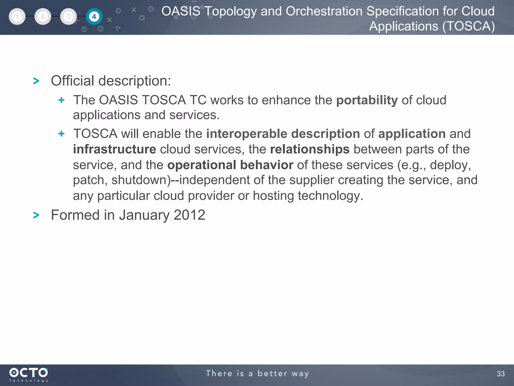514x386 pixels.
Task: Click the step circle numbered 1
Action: (x=17, y=17)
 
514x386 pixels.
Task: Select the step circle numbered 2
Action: (x=43, y=17)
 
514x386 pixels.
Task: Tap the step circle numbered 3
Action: (x=68, y=17)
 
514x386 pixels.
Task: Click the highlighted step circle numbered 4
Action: (x=94, y=17)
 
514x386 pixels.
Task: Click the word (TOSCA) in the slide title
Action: (x=468, y=26)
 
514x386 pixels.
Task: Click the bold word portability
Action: (x=367, y=100)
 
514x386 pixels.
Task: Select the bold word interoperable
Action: (x=247, y=134)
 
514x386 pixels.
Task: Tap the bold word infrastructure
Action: (x=115, y=149)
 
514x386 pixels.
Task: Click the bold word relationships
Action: (x=310, y=149)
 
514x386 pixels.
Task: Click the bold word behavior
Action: (x=267, y=165)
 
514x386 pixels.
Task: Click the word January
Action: (x=144, y=215)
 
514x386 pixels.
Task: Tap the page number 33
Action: (x=501, y=374)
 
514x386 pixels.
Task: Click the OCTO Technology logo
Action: (x=29, y=374)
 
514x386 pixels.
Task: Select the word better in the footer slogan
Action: (x=272, y=373)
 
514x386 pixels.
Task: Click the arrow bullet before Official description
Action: (x=36, y=81)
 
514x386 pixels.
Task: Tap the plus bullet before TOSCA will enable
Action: (x=61, y=134)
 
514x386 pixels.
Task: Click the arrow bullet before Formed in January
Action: (x=36, y=215)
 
